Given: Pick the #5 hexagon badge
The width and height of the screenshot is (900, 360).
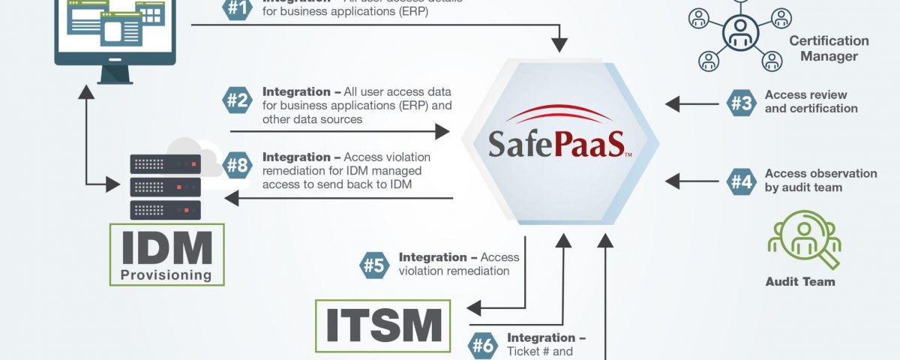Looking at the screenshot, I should (374, 265).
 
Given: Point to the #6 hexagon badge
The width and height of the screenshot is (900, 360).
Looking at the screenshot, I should (483, 346).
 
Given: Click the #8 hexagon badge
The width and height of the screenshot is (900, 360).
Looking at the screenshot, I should (237, 165).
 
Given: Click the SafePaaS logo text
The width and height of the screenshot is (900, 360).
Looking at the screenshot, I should (556, 143).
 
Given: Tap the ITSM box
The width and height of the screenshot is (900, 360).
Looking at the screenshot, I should (383, 325).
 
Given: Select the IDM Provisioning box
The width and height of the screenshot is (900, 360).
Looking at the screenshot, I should (166, 254).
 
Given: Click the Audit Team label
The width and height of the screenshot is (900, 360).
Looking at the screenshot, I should (800, 282).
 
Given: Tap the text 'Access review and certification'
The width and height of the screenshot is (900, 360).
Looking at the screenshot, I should (811, 102).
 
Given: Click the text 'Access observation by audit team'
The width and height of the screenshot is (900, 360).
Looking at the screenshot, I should (810, 181).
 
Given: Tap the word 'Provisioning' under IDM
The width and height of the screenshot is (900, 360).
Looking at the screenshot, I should (166, 274).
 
